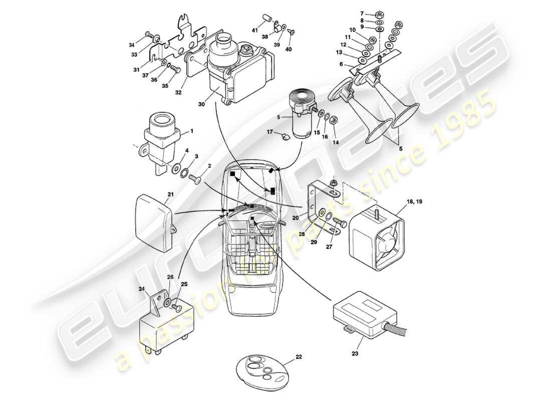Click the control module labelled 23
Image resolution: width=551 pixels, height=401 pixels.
pyautogui.click(x=363, y=313)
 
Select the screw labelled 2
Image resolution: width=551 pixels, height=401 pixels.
pyautogui.click(x=195, y=178)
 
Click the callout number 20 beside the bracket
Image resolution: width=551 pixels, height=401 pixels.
pyautogui.click(x=296, y=218)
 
